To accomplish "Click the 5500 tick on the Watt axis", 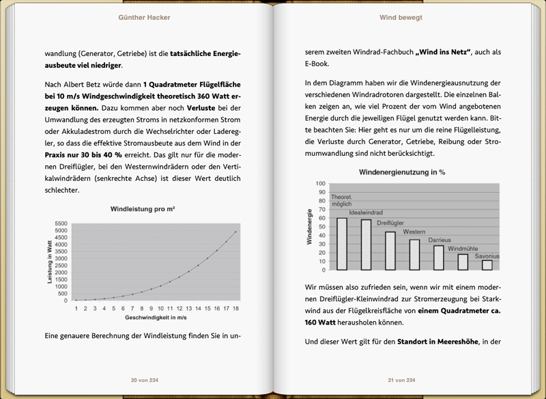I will (x=61, y=223).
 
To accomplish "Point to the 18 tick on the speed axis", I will (x=235, y=309).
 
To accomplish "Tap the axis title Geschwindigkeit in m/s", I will (x=156, y=318).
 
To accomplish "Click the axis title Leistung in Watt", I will (x=49, y=262).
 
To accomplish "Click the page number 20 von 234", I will (x=143, y=380).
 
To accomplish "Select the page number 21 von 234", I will (x=402, y=380).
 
